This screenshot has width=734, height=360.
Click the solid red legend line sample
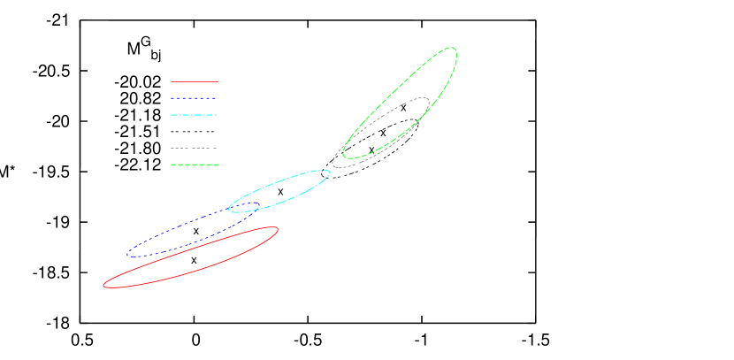pyautogui.click(x=195, y=81)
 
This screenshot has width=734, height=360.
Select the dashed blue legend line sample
pyautogui.click(x=195, y=98)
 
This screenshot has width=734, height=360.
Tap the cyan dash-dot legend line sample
pyautogui.click(x=195, y=115)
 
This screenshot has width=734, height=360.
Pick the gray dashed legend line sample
pyautogui.click(x=195, y=148)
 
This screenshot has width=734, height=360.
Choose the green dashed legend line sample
pyautogui.click(x=195, y=165)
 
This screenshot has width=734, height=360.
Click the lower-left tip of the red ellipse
pyautogui.click(x=104, y=284)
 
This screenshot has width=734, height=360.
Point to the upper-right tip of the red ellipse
pyautogui.click(x=278, y=230)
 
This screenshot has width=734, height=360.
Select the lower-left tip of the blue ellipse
pyautogui.click(x=128, y=254)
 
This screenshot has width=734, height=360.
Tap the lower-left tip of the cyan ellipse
pyautogui.click(x=229, y=209)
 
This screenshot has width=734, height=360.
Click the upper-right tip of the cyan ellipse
pyautogui.click(x=330, y=172)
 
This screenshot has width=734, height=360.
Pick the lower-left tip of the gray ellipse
pyautogui.click(x=333, y=163)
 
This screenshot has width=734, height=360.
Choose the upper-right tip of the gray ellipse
pyautogui.click(x=429, y=101)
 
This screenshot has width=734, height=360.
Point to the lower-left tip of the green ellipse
pyautogui.click(x=344, y=156)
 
